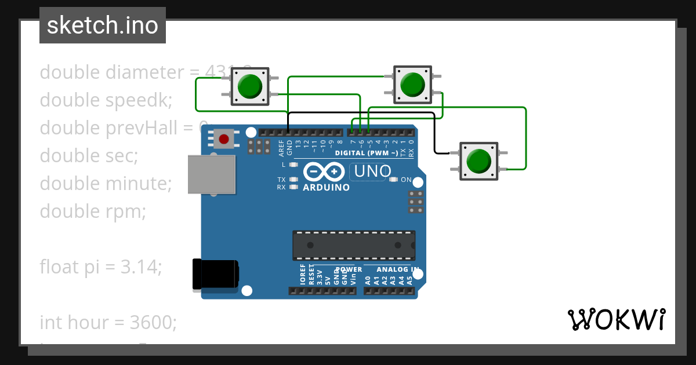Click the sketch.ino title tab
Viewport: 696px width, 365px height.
pyautogui.click(x=102, y=25)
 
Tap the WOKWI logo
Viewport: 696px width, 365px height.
pyautogui.click(x=616, y=319)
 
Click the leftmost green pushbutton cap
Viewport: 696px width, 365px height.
pyautogui.click(x=250, y=86)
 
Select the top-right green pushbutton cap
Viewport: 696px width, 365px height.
pyautogui.click(x=412, y=85)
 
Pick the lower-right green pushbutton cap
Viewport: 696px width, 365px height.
pyautogui.click(x=478, y=160)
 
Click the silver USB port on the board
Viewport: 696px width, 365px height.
pyautogui.click(x=212, y=174)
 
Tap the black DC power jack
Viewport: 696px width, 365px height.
pyautogui.click(x=215, y=275)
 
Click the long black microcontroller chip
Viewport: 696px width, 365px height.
pyautogui.click(x=354, y=245)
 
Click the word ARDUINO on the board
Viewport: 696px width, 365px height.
pyautogui.click(x=326, y=188)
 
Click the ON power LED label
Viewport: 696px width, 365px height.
pyautogui.click(x=406, y=180)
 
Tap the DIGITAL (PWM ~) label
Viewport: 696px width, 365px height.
pyautogui.click(x=367, y=154)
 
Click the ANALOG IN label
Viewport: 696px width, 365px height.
pyautogui.click(x=397, y=269)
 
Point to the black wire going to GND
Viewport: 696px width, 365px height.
pyautogui.click(x=360, y=112)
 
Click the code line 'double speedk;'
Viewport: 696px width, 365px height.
pyautogui.click(x=106, y=100)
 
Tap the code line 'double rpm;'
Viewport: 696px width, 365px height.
pyautogui.click(x=93, y=211)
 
